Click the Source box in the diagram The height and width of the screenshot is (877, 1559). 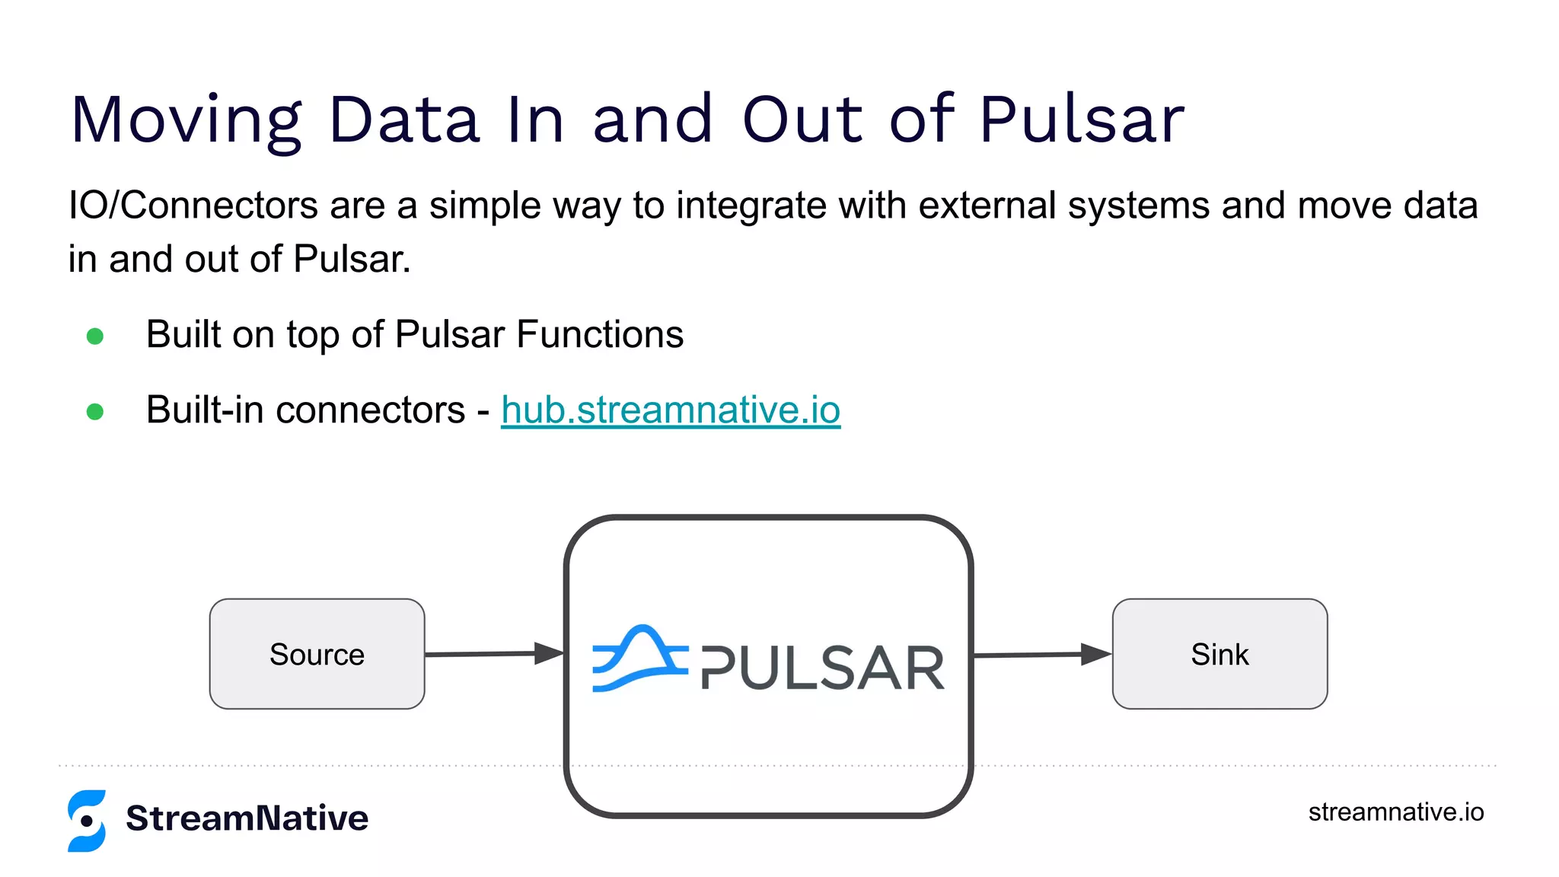click(317, 654)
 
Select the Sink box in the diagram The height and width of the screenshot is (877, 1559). click(1219, 654)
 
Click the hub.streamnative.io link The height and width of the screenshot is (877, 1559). click(670, 410)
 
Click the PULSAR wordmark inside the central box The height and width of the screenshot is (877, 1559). click(822, 668)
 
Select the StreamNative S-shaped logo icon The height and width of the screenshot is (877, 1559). click(87, 820)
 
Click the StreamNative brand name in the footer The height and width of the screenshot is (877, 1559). click(247, 818)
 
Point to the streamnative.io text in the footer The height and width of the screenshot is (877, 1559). click(1395, 812)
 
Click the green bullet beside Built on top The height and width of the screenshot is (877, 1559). click(95, 336)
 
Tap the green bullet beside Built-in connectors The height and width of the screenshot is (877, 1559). click(95, 412)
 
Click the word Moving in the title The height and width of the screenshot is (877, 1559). click(186, 120)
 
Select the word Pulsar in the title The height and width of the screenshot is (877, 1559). click(1082, 120)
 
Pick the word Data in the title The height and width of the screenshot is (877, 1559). click(404, 120)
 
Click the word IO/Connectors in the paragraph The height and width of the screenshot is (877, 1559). click(193, 206)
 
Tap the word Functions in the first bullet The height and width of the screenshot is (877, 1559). click(600, 335)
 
